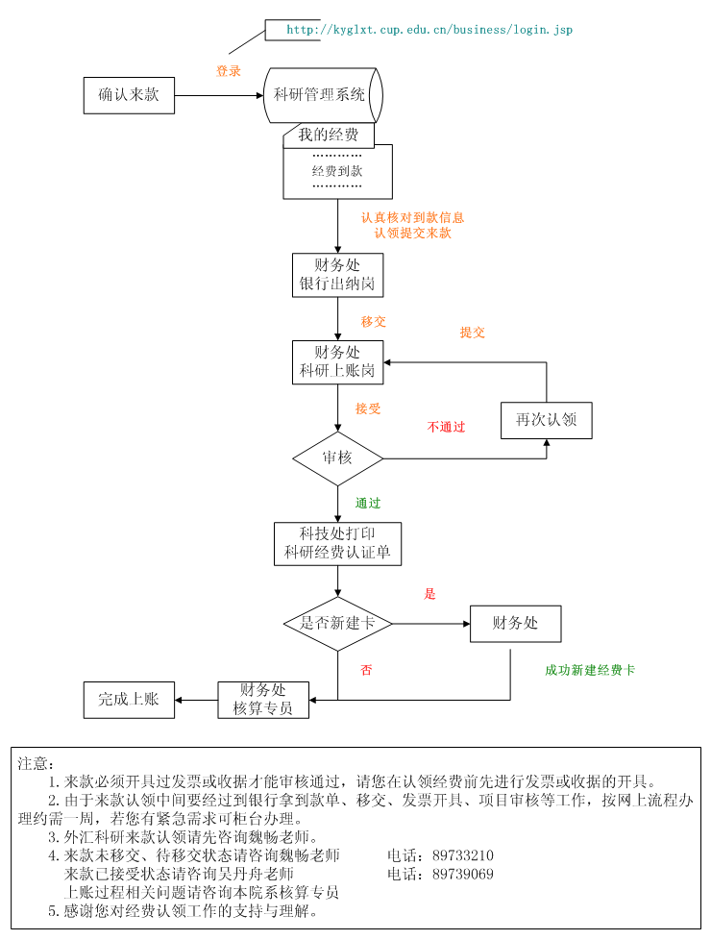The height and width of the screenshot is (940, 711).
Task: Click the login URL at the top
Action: pyautogui.click(x=429, y=30)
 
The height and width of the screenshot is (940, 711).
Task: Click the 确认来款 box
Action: pyautogui.click(x=129, y=95)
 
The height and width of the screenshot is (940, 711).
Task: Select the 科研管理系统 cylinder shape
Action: pyautogui.click(x=322, y=95)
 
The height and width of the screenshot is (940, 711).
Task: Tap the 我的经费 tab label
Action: pyautogui.click(x=328, y=136)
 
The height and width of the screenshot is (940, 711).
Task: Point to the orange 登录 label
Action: pyautogui.click(x=229, y=71)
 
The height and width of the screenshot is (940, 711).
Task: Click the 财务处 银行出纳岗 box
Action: pyautogui.click(x=337, y=275)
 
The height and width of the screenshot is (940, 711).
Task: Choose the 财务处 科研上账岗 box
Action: pyautogui.click(x=337, y=362)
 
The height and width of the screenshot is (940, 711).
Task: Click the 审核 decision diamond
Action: pyautogui.click(x=337, y=458)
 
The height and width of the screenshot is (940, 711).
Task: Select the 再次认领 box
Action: pyautogui.click(x=546, y=420)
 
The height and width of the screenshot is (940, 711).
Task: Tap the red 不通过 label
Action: pyautogui.click(x=446, y=427)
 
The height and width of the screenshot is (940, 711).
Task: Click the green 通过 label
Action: pyautogui.click(x=368, y=503)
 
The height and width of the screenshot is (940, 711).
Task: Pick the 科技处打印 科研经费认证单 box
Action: pyautogui.click(x=337, y=544)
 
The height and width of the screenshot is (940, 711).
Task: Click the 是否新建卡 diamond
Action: pyautogui.click(x=337, y=624)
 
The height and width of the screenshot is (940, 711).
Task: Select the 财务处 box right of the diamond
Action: pyautogui.click(x=515, y=624)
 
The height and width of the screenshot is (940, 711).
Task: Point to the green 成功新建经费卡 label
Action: pyautogui.click(x=590, y=670)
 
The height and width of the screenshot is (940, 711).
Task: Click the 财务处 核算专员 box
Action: pyautogui.click(x=263, y=700)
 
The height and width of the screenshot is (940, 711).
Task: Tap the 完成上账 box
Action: pyautogui.click(x=129, y=700)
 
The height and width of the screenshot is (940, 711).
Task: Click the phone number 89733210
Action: pyautogui.click(x=463, y=855)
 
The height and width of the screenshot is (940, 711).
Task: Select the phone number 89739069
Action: pyautogui.click(x=463, y=874)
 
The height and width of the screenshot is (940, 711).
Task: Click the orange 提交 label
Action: pyautogui.click(x=473, y=333)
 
